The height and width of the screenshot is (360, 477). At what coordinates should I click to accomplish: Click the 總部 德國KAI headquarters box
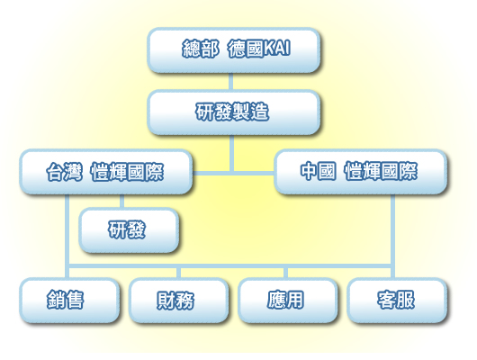tap(234, 50)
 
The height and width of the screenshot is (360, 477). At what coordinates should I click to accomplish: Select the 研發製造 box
tap(234, 112)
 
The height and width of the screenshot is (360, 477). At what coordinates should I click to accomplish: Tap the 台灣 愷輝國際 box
tap(106, 172)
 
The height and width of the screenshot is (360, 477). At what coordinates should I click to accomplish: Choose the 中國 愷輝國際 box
tap(361, 172)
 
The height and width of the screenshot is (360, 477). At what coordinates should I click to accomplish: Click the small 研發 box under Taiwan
tap(129, 230)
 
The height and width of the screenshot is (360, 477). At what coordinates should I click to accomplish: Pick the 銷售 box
tap(69, 301)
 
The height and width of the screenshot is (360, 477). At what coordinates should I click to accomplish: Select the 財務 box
tap(178, 301)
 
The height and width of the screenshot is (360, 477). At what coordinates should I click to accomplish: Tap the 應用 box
tap(287, 301)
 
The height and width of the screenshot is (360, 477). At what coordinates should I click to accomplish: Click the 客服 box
tap(397, 301)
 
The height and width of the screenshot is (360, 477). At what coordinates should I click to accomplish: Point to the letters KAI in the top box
tap(276, 48)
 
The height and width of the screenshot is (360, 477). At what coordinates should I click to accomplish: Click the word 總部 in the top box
tap(201, 49)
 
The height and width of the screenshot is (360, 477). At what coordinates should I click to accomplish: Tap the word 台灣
tap(64, 172)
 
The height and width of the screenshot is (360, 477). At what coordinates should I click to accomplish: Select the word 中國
tap(319, 171)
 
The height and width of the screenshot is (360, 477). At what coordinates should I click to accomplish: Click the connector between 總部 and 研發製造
tap(231, 82)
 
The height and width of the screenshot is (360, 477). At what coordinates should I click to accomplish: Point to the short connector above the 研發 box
tap(122, 202)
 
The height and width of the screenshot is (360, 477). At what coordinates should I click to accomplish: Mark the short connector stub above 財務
tap(178, 273)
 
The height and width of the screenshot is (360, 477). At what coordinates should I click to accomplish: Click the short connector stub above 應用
tap(285, 273)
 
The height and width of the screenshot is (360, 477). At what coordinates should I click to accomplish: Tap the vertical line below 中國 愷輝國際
tap(392, 237)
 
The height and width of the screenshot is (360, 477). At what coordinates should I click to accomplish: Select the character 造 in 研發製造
tap(259, 112)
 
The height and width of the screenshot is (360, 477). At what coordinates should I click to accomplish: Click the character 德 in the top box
tap(237, 49)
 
